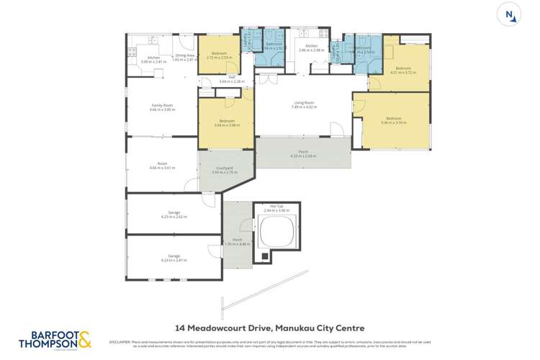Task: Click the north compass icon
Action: (x=510, y=14)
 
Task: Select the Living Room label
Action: (x=303, y=104)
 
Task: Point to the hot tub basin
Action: (x=275, y=233)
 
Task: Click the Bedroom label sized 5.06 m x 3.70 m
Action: (x=393, y=120)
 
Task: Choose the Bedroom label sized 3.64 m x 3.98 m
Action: (x=226, y=123)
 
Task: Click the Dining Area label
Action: (x=186, y=58)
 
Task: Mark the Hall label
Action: (x=232, y=79)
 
